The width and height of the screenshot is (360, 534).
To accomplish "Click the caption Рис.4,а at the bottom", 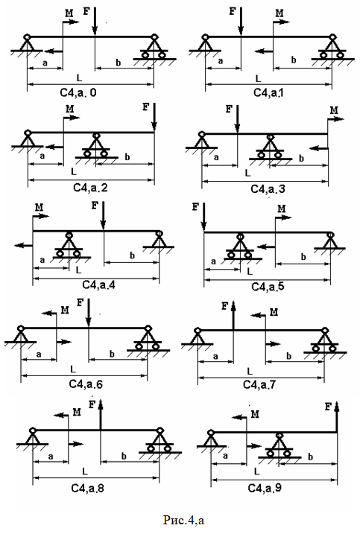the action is (183, 520).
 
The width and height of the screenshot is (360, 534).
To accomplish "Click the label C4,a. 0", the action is (78, 92).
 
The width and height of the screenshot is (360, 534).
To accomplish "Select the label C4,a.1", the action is (268, 92).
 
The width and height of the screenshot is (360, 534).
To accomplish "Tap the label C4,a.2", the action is (90, 188).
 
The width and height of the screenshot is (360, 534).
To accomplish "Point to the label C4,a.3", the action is (268, 189).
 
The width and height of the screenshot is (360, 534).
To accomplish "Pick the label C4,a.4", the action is (98, 285).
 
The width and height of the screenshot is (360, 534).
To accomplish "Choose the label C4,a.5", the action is (268, 287).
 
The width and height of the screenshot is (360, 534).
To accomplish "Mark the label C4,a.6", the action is (86, 384).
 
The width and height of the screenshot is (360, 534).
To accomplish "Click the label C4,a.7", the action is (259, 385).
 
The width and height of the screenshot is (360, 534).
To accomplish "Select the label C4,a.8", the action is (88, 488).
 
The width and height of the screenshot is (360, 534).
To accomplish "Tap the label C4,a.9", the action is (265, 488).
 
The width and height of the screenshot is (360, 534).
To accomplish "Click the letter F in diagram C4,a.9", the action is (328, 407).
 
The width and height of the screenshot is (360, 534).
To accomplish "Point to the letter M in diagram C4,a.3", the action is (334, 110).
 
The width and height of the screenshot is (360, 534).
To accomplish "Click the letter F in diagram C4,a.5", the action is (195, 207).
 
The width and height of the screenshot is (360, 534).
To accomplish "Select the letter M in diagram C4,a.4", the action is (40, 207).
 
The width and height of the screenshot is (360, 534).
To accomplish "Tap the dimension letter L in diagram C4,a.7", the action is (250, 371).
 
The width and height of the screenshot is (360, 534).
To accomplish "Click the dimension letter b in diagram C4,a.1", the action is (294, 60).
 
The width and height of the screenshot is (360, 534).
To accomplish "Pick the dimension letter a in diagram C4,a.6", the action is (39, 355).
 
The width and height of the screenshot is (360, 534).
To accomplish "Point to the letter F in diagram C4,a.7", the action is (224, 306).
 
